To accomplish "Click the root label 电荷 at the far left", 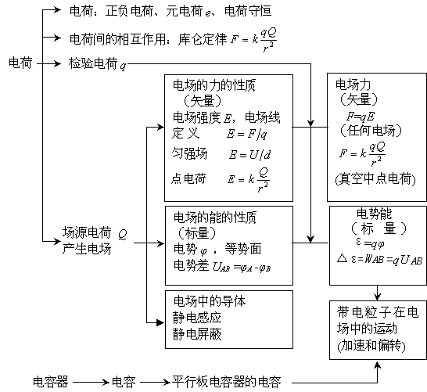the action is (20, 63).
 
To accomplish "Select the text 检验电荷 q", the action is (98, 63).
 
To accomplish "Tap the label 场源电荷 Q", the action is (95, 233).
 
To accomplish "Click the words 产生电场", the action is (87, 249).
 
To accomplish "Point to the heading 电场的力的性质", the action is (214, 85).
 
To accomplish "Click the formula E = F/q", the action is (247, 134).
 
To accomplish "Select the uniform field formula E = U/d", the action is (249, 154).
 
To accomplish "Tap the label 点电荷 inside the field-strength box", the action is (188, 178).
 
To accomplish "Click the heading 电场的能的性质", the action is (215, 218).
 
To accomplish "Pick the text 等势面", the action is (243, 249).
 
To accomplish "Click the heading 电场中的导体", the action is (210, 301).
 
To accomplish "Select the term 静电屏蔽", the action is (197, 333).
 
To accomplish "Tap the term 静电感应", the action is (197, 318).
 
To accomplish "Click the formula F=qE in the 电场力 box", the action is (361, 117).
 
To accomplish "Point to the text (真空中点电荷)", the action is (375, 179).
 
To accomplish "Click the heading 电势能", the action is (374, 214).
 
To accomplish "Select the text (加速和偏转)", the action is (371, 345).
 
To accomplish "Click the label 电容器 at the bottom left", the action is (50, 382).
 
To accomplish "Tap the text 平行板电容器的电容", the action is (226, 382).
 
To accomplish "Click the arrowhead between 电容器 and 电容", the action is (106, 382).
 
